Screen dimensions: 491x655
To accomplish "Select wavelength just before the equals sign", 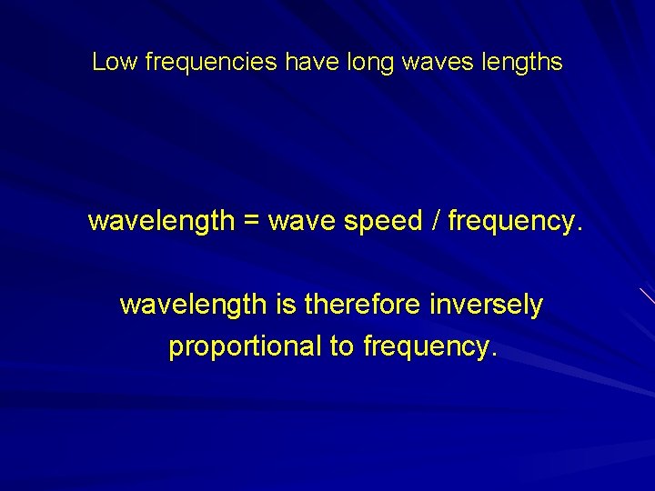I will coord(161,220).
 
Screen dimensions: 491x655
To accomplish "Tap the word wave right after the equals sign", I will coord(303,221).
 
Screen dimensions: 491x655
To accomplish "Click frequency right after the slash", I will coord(509,221).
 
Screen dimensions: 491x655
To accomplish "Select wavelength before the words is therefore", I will coord(192,305).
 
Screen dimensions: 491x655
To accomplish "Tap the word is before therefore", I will coord(284,305).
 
